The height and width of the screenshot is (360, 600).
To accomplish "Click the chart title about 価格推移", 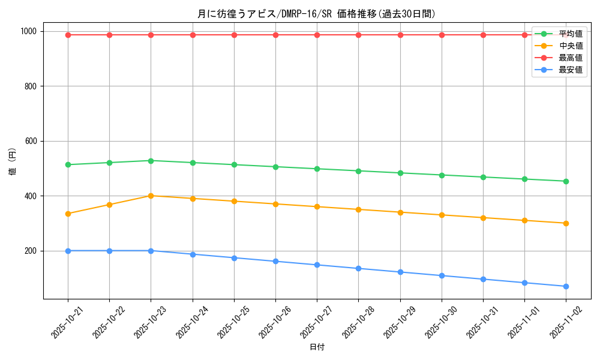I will coord(316,14).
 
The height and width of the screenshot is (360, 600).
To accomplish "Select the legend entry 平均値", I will coord(571,34).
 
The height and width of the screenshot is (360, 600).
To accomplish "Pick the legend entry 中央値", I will coord(571,46).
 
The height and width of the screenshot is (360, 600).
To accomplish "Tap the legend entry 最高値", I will coord(571,58).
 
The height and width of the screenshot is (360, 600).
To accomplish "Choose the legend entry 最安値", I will coord(571,70).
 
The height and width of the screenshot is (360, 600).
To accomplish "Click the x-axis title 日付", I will coord(317,347).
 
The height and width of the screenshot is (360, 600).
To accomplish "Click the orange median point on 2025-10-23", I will coord(151,196).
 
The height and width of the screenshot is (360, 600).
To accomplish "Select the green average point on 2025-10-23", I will coord(151,161).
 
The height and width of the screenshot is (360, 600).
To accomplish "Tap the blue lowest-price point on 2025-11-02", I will coord(566,286).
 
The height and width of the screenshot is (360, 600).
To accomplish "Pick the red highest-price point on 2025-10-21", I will coord(68,35).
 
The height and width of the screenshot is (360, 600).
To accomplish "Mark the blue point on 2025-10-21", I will coord(68,251).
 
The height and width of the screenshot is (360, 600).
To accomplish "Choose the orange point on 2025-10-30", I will coord(442,215).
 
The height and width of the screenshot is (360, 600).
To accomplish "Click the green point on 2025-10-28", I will coord(358,171).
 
